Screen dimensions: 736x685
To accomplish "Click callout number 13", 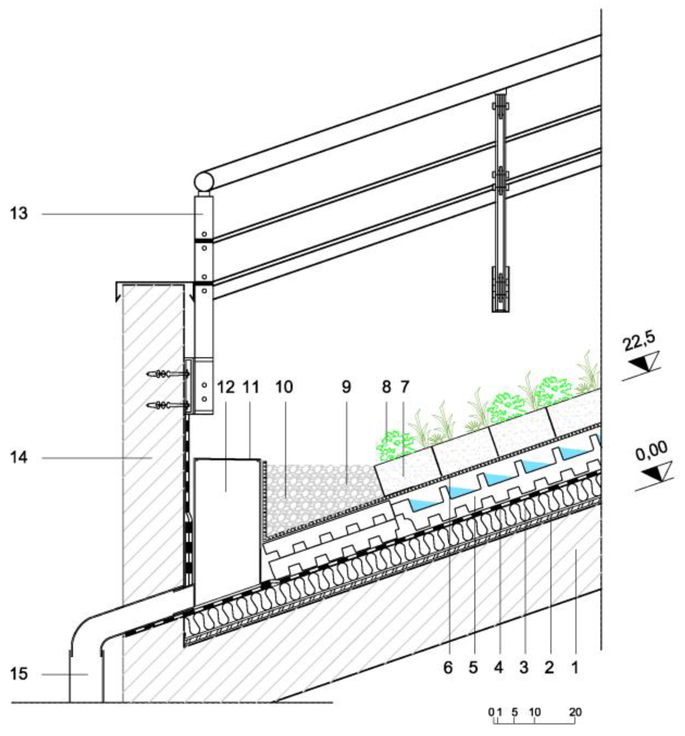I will [18, 214].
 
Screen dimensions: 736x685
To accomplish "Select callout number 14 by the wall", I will [18, 458].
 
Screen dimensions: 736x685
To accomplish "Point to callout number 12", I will [226, 387].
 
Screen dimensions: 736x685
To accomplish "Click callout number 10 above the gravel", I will [284, 387].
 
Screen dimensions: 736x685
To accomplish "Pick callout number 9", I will [346, 387].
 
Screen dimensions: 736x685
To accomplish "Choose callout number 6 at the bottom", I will [448, 668].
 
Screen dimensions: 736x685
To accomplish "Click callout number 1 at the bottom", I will [575, 668].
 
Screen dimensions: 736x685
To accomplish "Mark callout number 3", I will [524, 668].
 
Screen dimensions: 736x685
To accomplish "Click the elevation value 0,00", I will [652, 451].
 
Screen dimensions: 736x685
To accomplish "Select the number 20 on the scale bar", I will [575, 712].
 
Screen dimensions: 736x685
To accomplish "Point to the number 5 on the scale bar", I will [514, 712].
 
